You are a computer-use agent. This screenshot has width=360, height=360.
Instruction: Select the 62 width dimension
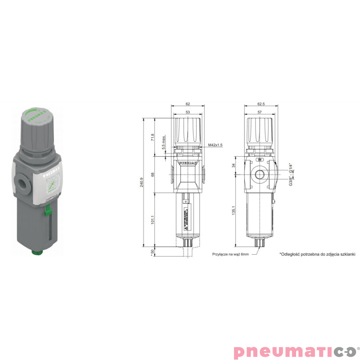coord(188,103)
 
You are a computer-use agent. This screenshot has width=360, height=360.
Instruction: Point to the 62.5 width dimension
coord(261,103)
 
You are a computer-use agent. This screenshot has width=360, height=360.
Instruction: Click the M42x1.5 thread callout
coord(216,145)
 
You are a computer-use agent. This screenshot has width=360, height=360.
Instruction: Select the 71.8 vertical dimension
coord(153,137)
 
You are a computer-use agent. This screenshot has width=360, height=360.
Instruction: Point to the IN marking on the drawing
coord(260,160)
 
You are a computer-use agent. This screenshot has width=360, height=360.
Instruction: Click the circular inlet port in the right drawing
coord(260,175)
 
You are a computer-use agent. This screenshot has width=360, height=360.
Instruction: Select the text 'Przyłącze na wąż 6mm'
coord(230,254)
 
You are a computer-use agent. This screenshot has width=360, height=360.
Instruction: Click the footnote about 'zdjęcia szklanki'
coord(317,254)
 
